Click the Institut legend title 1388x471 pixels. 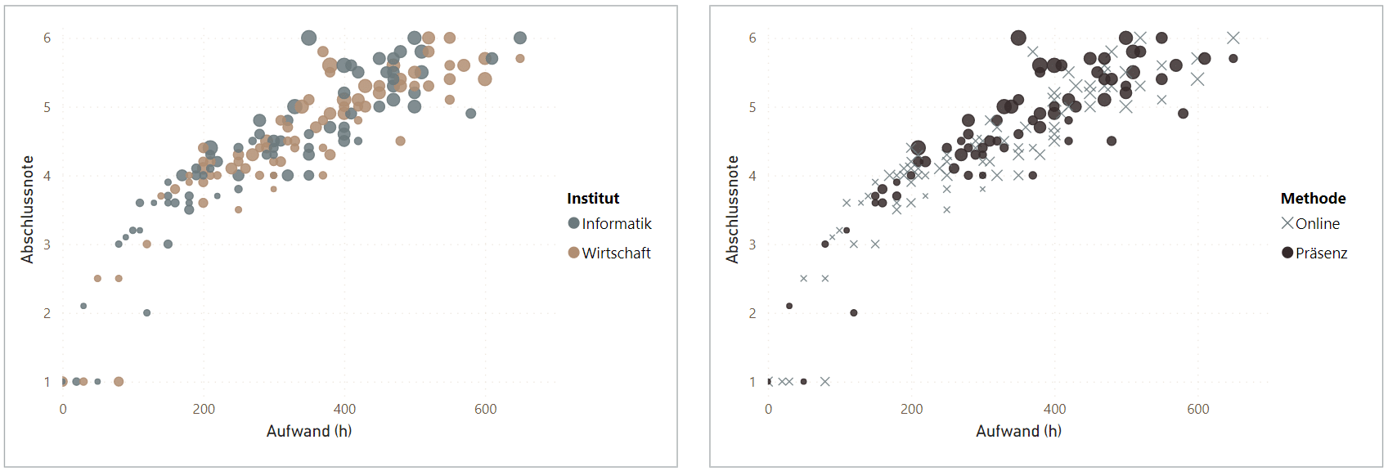(592, 199)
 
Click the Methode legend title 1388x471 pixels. (1313, 199)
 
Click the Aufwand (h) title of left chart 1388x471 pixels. (309, 431)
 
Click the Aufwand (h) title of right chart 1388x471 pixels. (1018, 431)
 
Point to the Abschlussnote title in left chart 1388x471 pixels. (27, 209)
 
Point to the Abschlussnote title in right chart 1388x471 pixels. (732, 209)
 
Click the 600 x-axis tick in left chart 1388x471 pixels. (485, 409)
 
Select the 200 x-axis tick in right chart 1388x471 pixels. (911, 409)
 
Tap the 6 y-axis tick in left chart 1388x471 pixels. (47, 38)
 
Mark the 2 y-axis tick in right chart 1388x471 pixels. (752, 313)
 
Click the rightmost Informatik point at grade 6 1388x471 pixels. (520, 38)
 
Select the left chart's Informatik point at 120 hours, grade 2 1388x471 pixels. (147, 313)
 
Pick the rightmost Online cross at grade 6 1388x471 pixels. (1233, 38)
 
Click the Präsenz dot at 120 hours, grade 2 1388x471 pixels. (854, 313)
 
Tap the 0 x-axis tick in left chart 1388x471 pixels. (63, 409)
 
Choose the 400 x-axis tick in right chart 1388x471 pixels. (1054, 409)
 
